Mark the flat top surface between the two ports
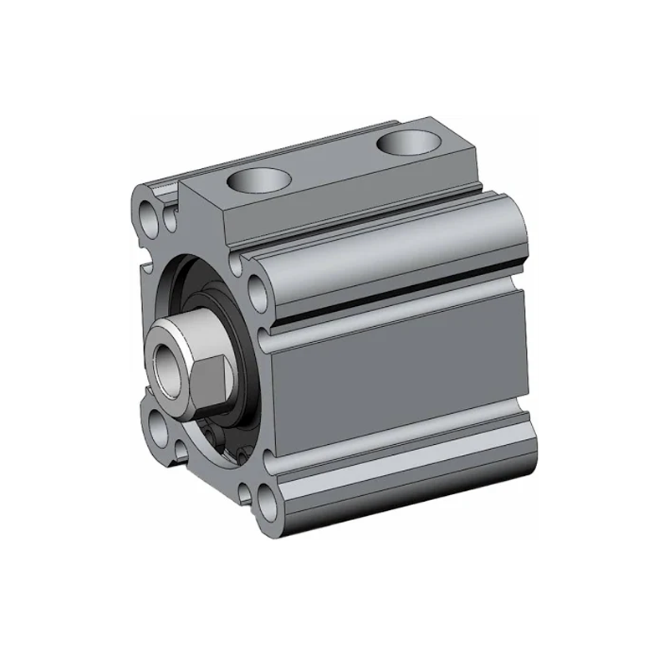[x=334, y=159]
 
